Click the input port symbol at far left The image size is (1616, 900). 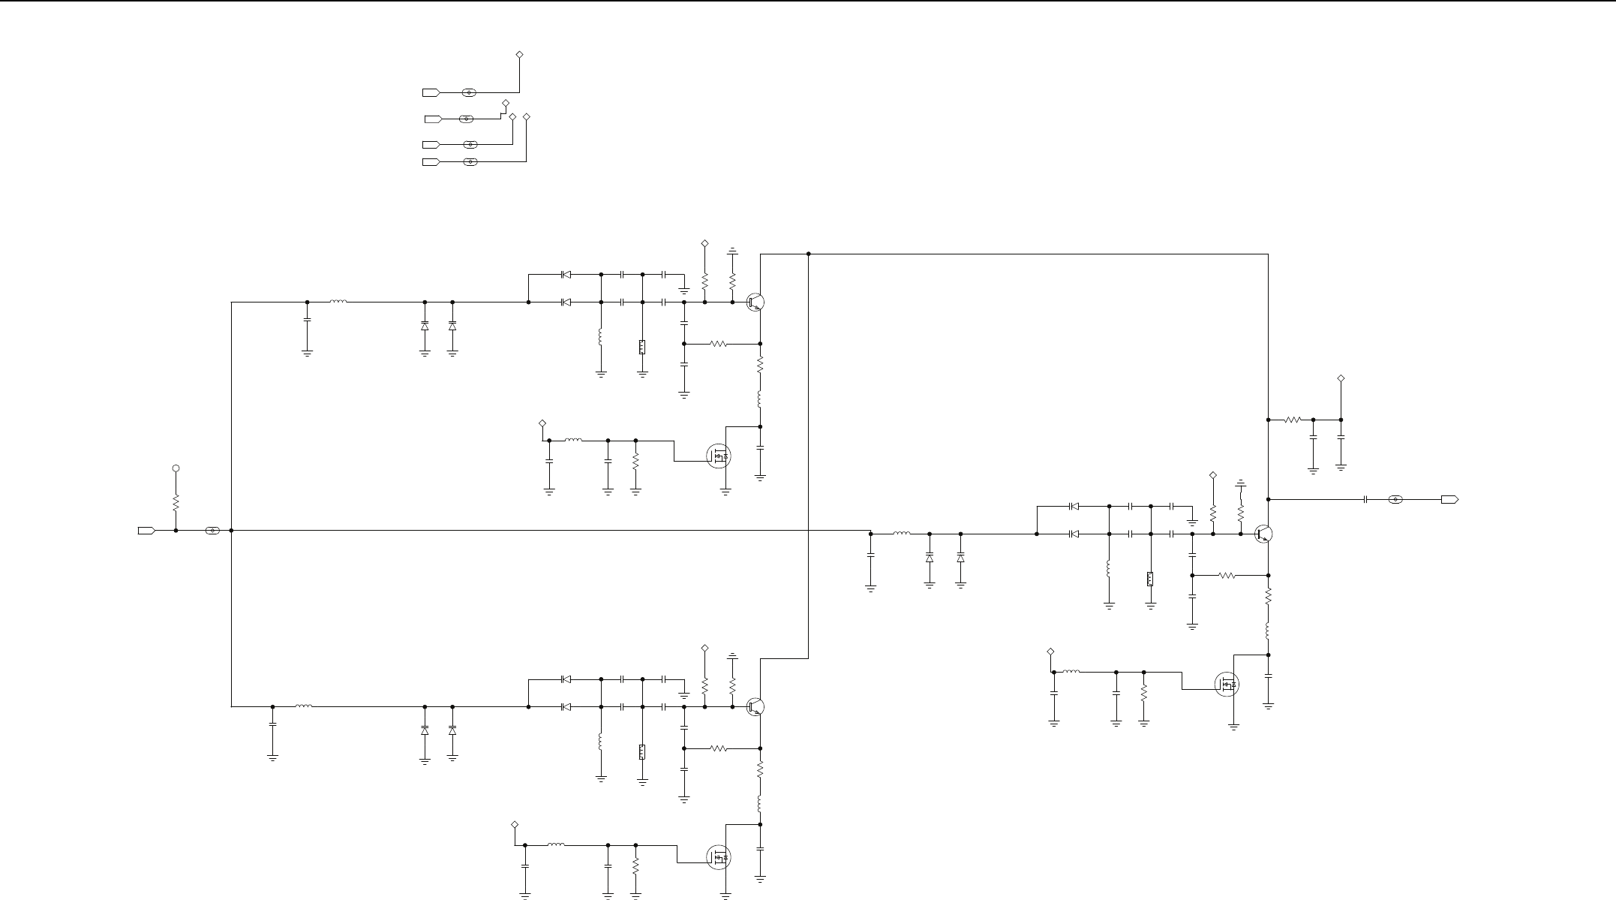[x=146, y=531]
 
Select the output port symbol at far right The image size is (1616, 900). [x=1449, y=499]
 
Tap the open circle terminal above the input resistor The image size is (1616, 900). [x=176, y=468]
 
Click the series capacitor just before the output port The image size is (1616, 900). [x=1366, y=499]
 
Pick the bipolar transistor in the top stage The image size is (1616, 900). [x=756, y=303]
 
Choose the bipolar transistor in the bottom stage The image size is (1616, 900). [x=756, y=707]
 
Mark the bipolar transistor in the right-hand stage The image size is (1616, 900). [x=1263, y=534]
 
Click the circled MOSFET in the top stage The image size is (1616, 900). [x=719, y=456]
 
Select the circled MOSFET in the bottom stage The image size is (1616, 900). [x=719, y=857]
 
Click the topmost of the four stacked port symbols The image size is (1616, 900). [x=431, y=92]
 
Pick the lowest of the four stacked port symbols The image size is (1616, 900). [x=431, y=162]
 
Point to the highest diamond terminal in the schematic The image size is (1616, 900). [x=519, y=55]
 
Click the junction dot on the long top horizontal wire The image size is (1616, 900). [x=809, y=254]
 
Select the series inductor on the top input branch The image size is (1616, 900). [x=338, y=303]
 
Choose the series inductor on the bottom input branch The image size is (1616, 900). [x=304, y=706]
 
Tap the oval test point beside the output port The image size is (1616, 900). [x=1395, y=499]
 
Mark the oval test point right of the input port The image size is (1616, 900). [x=213, y=531]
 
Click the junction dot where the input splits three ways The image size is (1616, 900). [x=232, y=531]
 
